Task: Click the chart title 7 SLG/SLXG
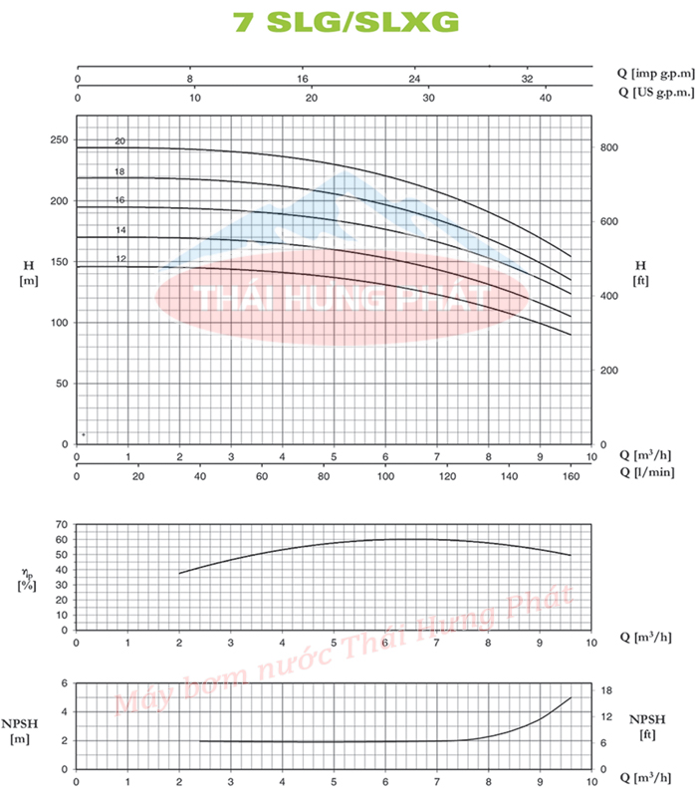pyautogui.click(x=348, y=23)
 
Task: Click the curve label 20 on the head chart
pyautogui.click(x=119, y=141)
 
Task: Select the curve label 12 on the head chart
pyautogui.click(x=119, y=259)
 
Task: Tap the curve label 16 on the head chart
pyautogui.click(x=119, y=200)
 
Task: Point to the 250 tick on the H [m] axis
pyautogui.click(x=58, y=140)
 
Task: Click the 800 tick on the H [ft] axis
pyautogui.click(x=608, y=147)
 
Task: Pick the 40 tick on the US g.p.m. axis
pyautogui.click(x=545, y=98)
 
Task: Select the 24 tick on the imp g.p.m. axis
pyautogui.click(x=415, y=78)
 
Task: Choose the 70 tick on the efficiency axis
pyautogui.click(x=61, y=524)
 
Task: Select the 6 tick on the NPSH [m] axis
pyautogui.click(x=65, y=683)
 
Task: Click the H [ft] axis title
pyautogui.click(x=641, y=271)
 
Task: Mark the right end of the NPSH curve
pyautogui.click(x=571, y=697)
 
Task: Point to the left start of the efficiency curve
pyautogui.click(x=180, y=573)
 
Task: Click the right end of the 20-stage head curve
pyautogui.click(x=571, y=257)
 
